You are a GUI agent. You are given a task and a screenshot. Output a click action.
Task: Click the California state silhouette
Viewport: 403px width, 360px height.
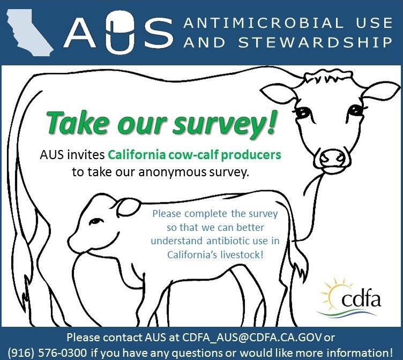coord(28,32)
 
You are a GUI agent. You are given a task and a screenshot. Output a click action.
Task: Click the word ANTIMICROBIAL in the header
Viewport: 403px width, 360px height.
coord(263,22)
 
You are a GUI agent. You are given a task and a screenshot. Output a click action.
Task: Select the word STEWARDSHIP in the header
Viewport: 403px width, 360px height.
coord(316,42)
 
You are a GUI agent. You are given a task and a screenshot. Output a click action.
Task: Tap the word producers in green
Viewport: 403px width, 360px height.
coord(251,155)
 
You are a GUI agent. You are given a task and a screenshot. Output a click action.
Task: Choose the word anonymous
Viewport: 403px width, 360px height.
coord(173,172)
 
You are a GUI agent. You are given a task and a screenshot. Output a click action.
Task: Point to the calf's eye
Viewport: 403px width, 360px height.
coord(95,221)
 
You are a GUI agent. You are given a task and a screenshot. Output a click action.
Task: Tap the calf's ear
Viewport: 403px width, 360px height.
coord(128,207)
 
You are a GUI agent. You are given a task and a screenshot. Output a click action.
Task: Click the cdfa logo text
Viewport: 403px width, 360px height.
coord(361,298)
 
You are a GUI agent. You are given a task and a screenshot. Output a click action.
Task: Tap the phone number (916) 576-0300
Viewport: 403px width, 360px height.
coord(47,353)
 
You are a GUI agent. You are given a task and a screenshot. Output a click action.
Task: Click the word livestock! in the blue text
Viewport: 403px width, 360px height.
coord(242,255)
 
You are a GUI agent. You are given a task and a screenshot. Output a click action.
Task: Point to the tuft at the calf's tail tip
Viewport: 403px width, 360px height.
coord(301,269)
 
